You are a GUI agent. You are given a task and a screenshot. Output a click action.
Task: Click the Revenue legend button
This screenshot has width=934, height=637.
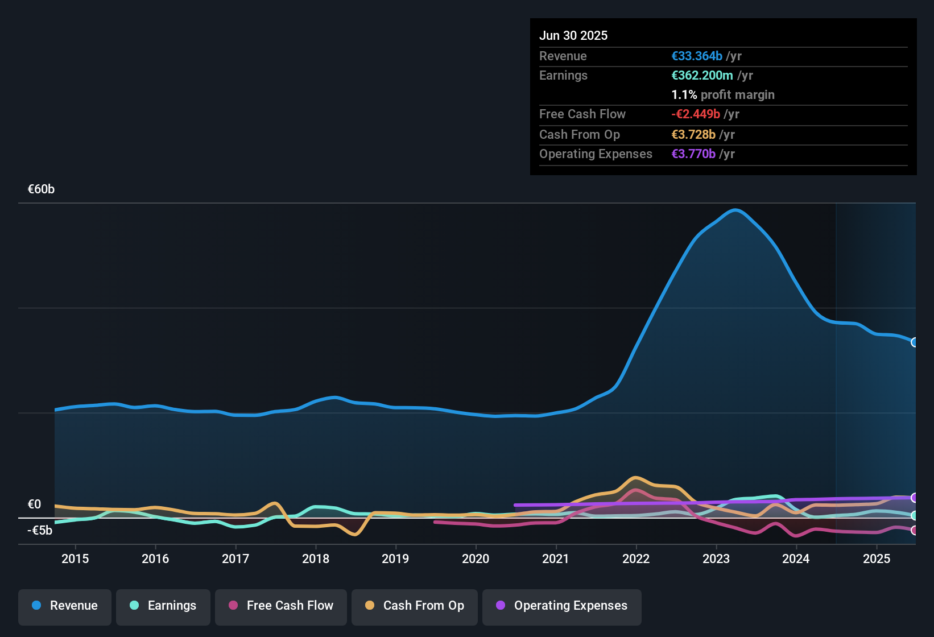click(x=65, y=606)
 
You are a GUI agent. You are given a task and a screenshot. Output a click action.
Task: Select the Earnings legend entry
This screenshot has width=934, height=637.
click(x=163, y=606)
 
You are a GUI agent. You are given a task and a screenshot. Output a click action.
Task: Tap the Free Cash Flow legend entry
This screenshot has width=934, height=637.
click(x=281, y=606)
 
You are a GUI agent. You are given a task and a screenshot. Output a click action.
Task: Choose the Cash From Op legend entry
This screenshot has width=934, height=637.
click(x=415, y=606)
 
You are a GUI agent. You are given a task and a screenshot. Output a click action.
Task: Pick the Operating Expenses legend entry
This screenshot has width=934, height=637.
click(x=562, y=606)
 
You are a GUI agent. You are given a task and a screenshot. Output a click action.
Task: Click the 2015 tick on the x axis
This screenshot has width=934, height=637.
click(x=75, y=559)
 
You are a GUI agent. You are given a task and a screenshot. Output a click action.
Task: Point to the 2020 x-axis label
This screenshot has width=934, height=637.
click(x=476, y=559)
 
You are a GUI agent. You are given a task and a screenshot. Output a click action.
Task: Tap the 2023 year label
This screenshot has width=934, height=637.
click(x=716, y=559)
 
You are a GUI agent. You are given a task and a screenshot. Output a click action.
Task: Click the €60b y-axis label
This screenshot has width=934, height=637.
click(x=41, y=189)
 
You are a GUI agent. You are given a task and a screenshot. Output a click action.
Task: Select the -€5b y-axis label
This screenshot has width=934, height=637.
click(x=40, y=531)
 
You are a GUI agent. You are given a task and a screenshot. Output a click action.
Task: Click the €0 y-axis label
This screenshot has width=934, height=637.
click(x=35, y=504)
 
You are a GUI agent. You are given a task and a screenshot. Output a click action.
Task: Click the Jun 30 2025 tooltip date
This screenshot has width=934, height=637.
click(x=573, y=36)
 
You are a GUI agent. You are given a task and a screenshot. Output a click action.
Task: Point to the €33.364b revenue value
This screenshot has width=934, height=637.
click(x=697, y=56)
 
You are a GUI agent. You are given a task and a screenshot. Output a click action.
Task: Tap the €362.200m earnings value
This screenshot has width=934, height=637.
click(x=702, y=76)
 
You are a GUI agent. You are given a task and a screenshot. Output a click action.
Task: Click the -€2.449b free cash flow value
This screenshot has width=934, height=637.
click(x=696, y=114)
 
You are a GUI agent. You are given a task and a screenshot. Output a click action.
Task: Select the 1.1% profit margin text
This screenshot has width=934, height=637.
click(x=723, y=95)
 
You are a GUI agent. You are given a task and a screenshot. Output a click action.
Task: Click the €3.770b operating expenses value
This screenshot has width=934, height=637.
click(x=693, y=154)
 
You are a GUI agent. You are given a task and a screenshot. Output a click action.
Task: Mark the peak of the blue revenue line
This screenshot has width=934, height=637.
click(x=735, y=210)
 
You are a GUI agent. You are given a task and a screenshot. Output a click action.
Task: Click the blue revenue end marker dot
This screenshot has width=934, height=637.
click(x=914, y=342)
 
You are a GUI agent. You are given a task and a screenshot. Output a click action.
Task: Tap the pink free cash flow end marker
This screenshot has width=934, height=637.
click(x=914, y=531)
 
